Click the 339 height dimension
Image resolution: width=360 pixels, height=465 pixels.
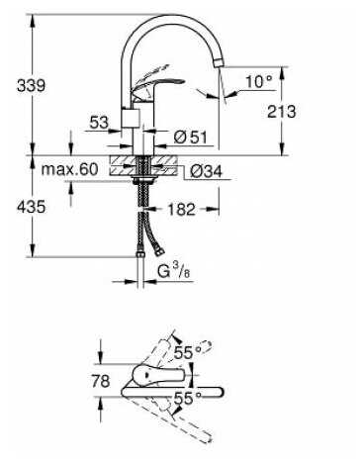31,86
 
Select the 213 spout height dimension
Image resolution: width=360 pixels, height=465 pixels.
281,111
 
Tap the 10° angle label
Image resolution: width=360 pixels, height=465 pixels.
259,81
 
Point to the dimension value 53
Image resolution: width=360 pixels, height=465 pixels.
99,123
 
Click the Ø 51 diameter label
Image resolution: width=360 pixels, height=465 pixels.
190,137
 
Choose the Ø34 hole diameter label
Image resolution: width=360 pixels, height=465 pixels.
207,171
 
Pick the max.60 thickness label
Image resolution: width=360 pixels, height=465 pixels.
70,169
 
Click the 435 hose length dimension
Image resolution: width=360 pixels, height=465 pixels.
31,208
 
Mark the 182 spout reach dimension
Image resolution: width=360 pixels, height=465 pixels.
181,209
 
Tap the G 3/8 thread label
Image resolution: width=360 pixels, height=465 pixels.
174,272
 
